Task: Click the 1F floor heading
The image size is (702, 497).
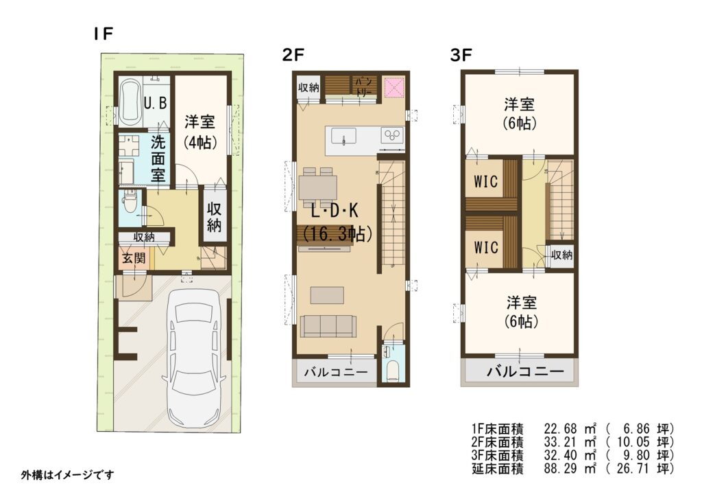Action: click(x=103, y=34)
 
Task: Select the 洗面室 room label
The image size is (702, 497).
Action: click(x=158, y=159)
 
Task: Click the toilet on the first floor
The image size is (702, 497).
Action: click(x=130, y=201)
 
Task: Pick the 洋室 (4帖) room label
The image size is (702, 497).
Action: click(x=199, y=132)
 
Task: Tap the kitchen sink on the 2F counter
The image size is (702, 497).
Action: click(x=343, y=135)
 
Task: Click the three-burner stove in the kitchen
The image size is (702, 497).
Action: click(x=392, y=135)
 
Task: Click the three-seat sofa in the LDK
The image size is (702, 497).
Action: click(x=328, y=326)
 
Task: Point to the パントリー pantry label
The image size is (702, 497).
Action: click(x=363, y=86)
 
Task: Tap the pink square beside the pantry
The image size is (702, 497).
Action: click(x=394, y=87)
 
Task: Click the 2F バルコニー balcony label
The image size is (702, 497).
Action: click(x=336, y=372)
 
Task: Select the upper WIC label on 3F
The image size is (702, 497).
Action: click(x=486, y=181)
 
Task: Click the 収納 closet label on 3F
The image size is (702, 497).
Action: click(x=561, y=255)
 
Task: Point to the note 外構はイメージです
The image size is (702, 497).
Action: click(x=67, y=474)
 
